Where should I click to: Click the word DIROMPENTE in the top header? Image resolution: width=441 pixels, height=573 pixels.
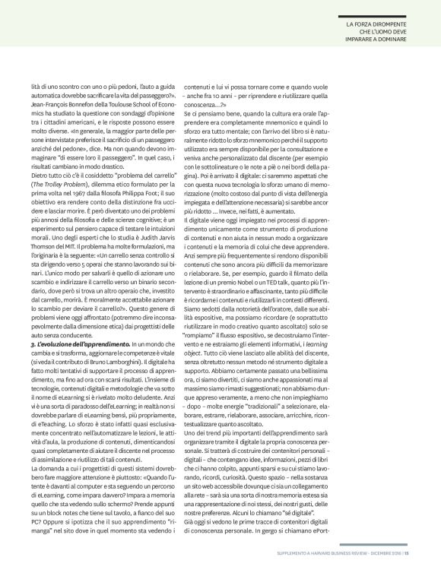[390, 24]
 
